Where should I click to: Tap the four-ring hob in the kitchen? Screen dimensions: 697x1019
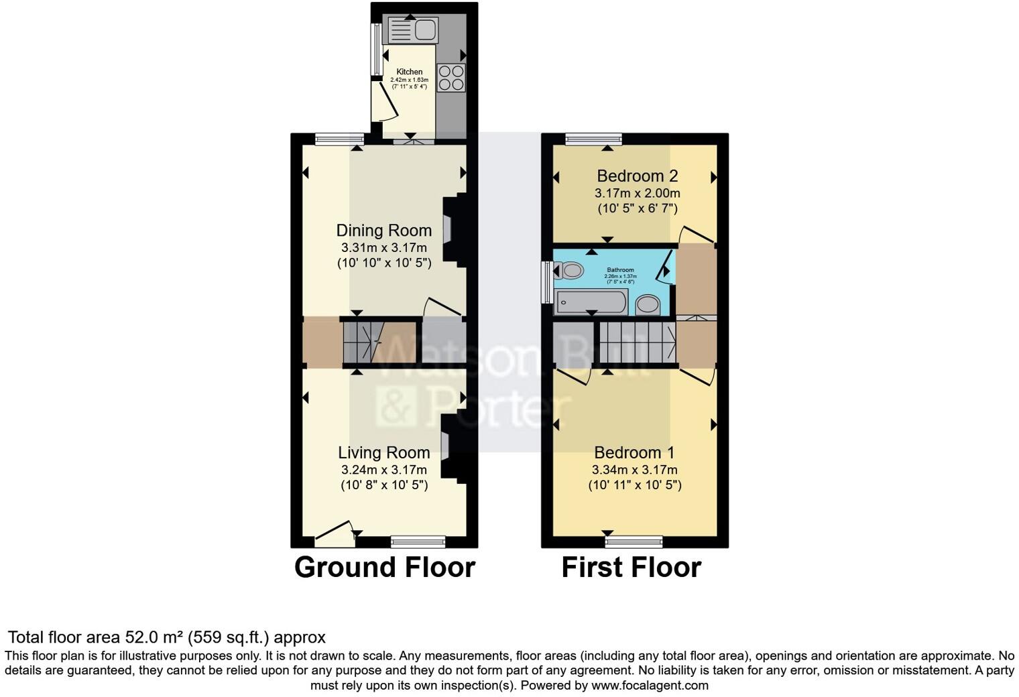tap(451, 78)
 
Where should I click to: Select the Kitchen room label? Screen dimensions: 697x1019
tap(410, 72)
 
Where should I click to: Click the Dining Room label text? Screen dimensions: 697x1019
tap(383, 231)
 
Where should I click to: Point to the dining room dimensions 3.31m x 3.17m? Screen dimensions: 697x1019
tap(383, 247)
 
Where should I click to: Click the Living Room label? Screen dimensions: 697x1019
tap(383, 453)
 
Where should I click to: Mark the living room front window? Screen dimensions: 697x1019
tap(418, 542)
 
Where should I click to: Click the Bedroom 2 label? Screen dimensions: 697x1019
tap(637, 176)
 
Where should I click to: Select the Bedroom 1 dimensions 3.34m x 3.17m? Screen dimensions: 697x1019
tap(634, 470)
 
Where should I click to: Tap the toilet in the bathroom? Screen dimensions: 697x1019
tap(569, 271)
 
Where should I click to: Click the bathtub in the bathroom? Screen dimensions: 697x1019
tap(591, 303)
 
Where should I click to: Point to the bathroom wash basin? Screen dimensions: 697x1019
tap(648, 306)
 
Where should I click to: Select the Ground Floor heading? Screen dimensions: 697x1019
tap(385, 568)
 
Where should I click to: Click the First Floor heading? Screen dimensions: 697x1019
tap(631, 568)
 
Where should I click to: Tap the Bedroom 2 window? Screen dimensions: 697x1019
tap(593, 139)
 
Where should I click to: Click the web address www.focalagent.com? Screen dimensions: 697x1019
tap(650, 686)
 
